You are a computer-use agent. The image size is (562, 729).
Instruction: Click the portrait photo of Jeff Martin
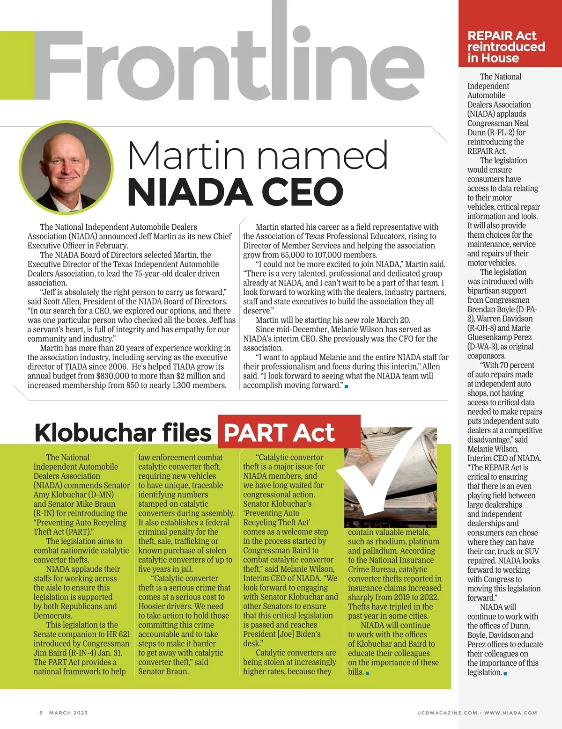pyautogui.click(x=67, y=167)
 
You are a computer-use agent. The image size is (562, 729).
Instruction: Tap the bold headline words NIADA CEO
pyautogui.click(x=235, y=191)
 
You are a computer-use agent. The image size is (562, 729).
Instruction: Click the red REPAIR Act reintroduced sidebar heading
pyautogui.click(x=506, y=46)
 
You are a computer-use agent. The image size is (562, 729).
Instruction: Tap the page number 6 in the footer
pyautogui.click(x=41, y=713)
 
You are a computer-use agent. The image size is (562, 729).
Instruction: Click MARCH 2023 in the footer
pyautogui.click(x=68, y=713)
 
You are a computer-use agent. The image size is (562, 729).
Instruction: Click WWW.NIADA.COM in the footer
pyautogui.click(x=510, y=713)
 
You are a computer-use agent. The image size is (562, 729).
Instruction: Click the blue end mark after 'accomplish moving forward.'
pyautogui.click(x=346, y=386)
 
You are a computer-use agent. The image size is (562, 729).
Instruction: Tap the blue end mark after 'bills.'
pyautogui.click(x=367, y=673)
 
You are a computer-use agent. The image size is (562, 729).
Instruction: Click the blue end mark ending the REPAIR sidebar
pyautogui.click(x=505, y=673)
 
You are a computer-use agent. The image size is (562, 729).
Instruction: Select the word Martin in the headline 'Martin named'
pyautogui.click(x=186, y=155)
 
